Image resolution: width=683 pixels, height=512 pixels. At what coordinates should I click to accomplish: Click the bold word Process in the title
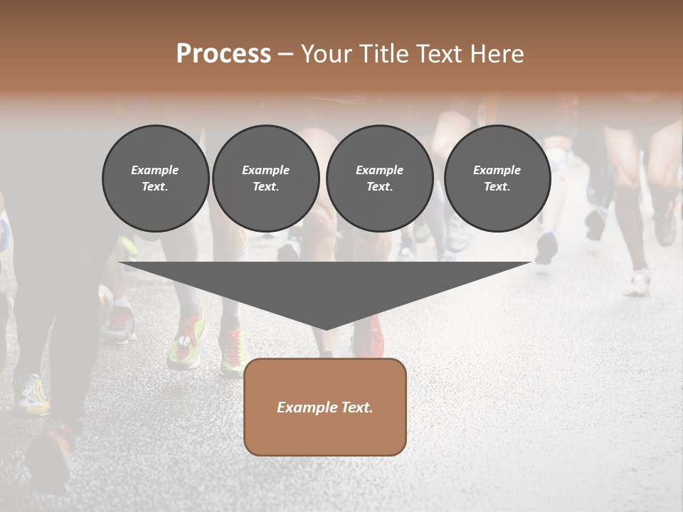[x=223, y=54]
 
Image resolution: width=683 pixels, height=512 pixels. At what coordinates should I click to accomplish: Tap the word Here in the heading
[x=497, y=54]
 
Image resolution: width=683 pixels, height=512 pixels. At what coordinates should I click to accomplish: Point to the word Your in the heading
[x=327, y=54]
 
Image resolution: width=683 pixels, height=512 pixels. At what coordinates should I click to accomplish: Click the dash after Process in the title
[x=285, y=55]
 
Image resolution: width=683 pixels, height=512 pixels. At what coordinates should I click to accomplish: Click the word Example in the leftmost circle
[x=155, y=170]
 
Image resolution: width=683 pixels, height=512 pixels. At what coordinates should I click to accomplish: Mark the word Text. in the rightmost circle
[x=497, y=186]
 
